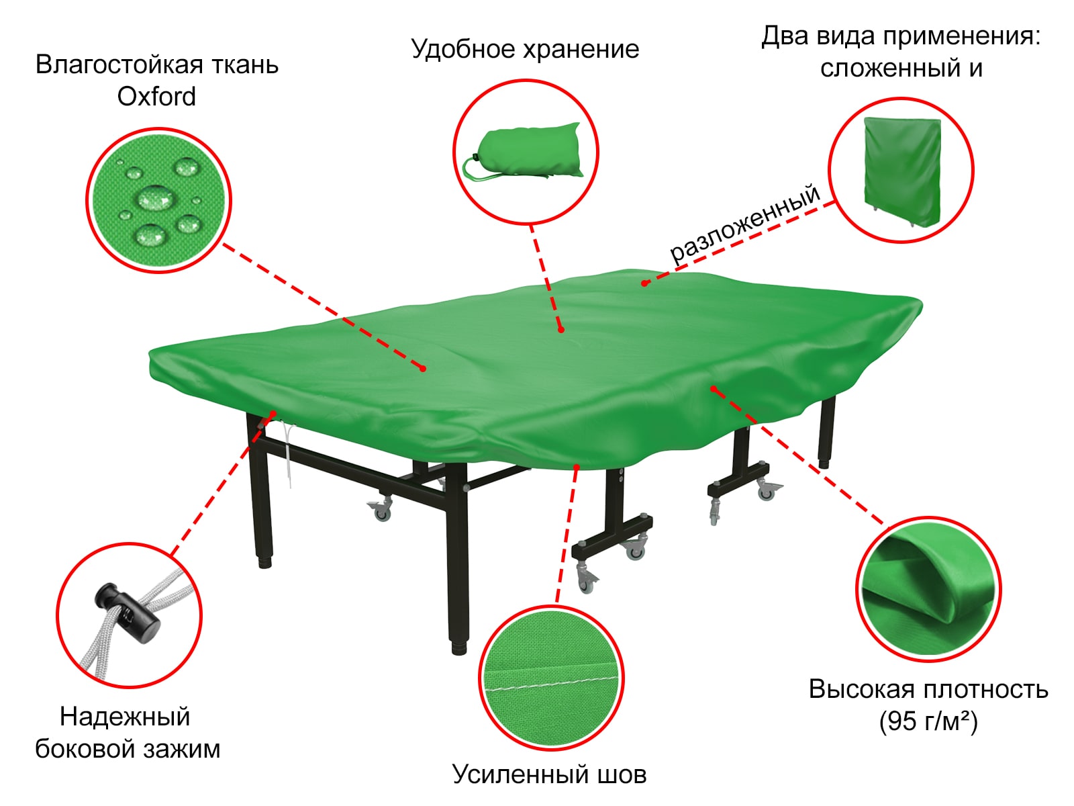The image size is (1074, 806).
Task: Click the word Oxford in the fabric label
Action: (156, 97)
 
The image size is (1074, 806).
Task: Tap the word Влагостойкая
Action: (119, 65)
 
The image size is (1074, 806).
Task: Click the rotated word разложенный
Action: (745, 223)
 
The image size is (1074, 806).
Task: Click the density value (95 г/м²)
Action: (928, 721)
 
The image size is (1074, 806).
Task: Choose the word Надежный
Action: (125, 717)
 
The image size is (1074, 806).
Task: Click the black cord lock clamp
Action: (127, 611)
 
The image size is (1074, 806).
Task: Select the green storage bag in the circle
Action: (522, 152)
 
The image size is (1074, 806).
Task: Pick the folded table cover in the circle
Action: (901, 171)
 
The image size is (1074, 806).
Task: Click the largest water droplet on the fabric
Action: (156, 197)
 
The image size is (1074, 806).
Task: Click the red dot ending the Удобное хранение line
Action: (560, 330)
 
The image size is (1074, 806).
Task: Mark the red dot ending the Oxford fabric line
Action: (423, 369)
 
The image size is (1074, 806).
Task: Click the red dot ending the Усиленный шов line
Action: (577, 467)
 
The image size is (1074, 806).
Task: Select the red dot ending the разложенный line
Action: (644, 283)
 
